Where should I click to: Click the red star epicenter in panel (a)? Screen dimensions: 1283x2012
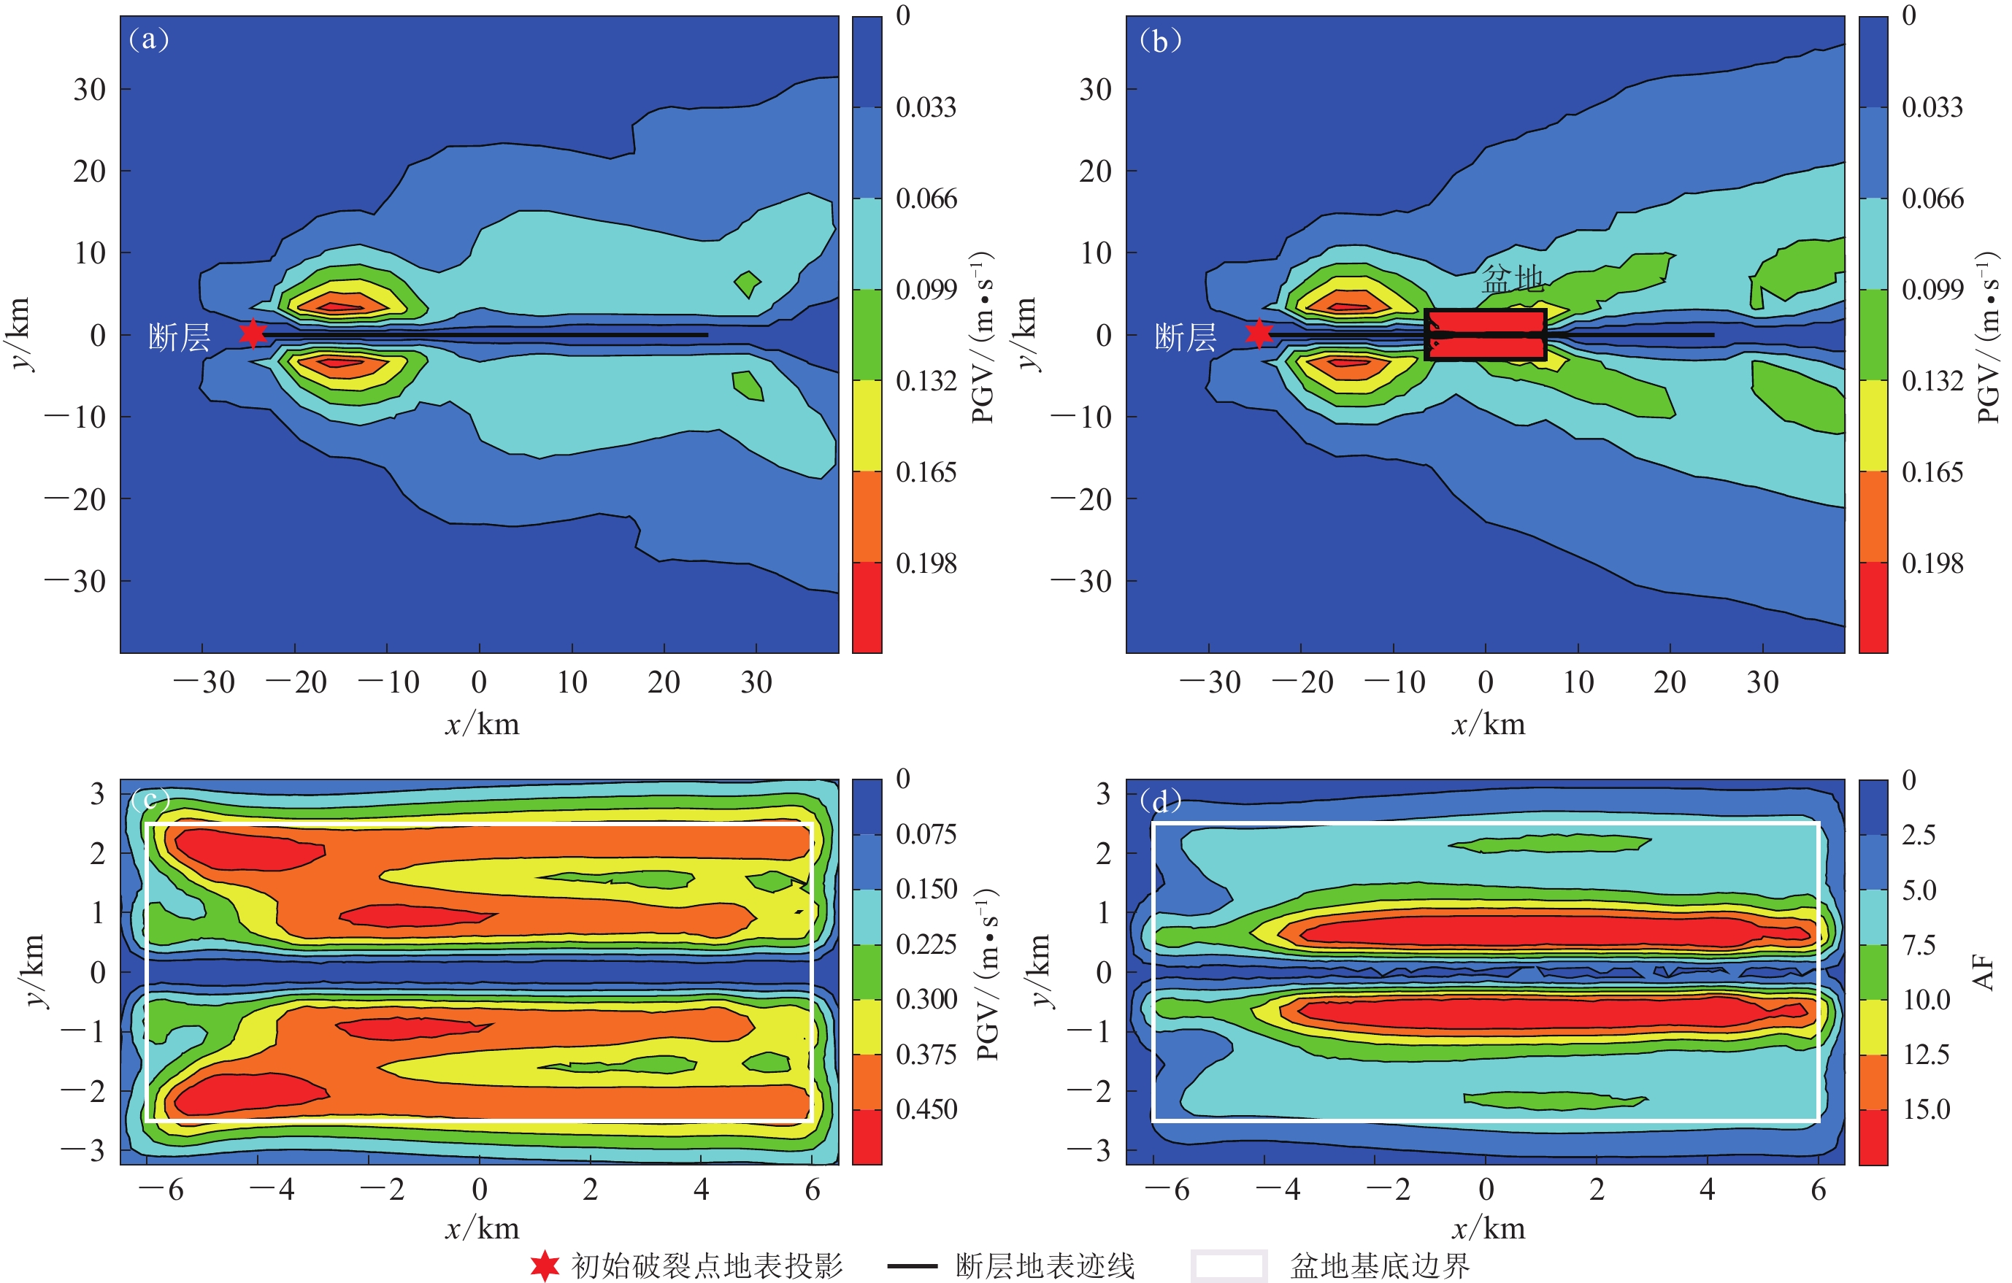[x=253, y=333]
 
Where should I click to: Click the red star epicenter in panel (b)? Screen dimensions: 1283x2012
[x=1259, y=333]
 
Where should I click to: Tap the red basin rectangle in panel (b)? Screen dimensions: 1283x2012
[x=1485, y=334]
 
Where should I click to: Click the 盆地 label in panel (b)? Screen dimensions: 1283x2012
[x=1513, y=278]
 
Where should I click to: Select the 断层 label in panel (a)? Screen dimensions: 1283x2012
[x=179, y=337]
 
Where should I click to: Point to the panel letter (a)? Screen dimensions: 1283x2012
[x=150, y=39]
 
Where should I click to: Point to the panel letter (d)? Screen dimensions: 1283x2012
[x=1160, y=801]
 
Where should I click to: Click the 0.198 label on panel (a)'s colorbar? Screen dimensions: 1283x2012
[x=926, y=564]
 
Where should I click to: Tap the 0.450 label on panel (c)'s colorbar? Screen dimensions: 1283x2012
[x=926, y=1109]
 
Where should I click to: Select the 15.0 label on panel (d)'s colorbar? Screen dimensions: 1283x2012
[x=1926, y=1109]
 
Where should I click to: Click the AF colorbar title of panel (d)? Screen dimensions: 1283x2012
[x=1984, y=971]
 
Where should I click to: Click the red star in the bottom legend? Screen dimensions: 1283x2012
[x=545, y=1265]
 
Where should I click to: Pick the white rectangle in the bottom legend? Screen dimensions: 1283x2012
[x=1228, y=1265]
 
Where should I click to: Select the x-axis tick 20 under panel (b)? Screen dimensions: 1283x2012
[x=1670, y=682]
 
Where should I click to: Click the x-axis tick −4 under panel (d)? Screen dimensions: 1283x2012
[x=1278, y=1190]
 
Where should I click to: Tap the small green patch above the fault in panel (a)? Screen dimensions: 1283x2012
[x=747, y=283]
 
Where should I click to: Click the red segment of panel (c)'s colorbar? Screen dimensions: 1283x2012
[x=867, y=1136]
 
